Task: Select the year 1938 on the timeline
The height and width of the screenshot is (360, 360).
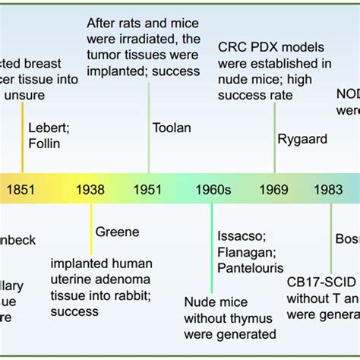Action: [90, 190]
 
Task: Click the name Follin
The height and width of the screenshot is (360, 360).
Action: [45, 143]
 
